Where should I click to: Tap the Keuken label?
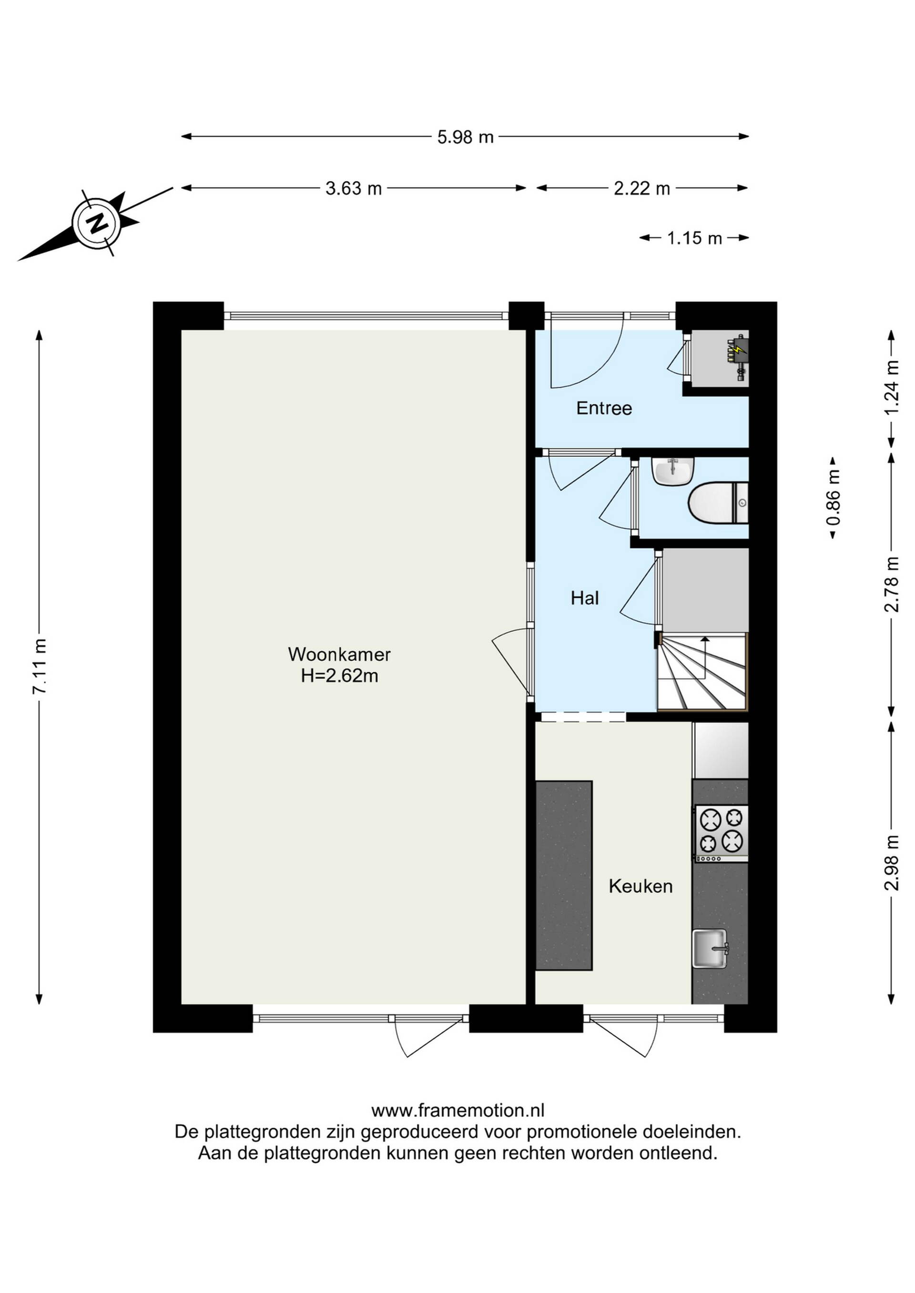(x=640, y=887)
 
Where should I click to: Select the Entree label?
(x=604, y=408)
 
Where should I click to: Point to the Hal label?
(x=585, y=597)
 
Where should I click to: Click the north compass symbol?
(x=97, y=223)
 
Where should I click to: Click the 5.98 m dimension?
(x=466, y=136)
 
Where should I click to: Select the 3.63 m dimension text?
(x=354, y=188)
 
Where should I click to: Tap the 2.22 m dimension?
(x=642, y=188)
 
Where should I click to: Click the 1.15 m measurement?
(x=695, y=238)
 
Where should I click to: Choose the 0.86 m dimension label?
(x=834, y=497)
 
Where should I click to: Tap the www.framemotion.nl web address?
(x=457, y=1110)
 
